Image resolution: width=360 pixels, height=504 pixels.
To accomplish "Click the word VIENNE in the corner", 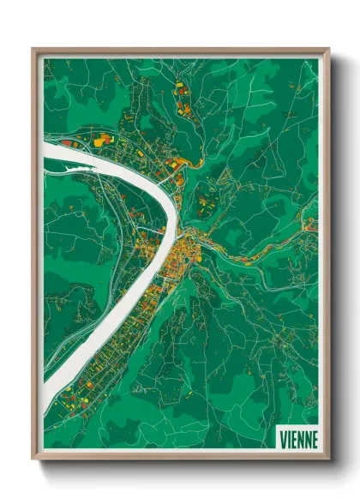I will pos(297,439).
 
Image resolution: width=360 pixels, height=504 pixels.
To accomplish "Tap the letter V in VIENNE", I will pos(284,439).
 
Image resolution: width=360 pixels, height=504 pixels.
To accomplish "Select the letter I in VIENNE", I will pos(290,439).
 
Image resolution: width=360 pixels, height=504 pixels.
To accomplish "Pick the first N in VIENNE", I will pos(300,439).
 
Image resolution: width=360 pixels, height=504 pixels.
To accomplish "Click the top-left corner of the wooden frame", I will pos(33,50).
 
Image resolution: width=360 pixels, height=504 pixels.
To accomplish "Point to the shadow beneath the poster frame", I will pos(184,468).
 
